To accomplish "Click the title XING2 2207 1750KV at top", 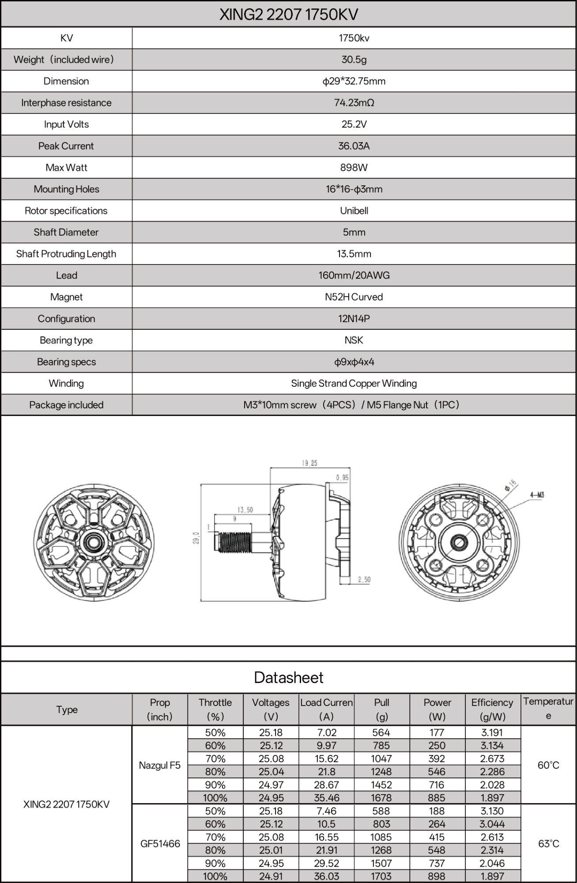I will click(288, 14).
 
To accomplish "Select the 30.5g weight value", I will click(354, 60).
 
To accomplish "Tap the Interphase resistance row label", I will click(66, 103).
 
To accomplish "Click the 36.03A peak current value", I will click(354, 146).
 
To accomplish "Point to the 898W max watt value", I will click(354, 168).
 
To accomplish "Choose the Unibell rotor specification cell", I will click(354, 211).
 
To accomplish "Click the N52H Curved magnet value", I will click(354, 297).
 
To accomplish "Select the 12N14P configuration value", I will click(354, 319).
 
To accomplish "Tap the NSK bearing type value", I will click(354, 340).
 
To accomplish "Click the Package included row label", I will click(66, 405).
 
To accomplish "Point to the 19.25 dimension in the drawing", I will click(309, 463).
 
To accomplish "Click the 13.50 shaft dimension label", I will click(245, 510).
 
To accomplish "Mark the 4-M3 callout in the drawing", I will click(537, 495).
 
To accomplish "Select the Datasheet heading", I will click(288, 678).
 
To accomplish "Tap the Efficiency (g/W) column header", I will click(492, 709).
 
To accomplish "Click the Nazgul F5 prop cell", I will click(159, 765).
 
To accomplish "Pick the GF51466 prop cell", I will click(160, 844).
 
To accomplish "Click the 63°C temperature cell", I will click(548, 844).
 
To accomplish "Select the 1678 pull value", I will click(381, 798).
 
